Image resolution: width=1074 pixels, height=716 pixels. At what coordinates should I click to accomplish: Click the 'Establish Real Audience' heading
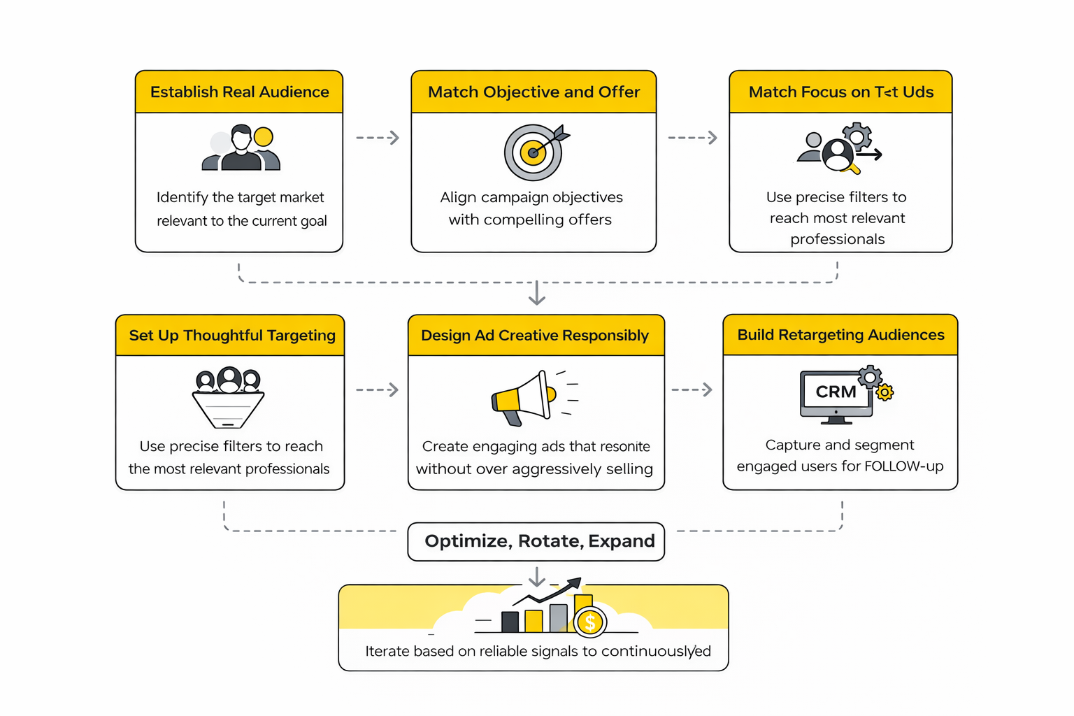tap(239, 92)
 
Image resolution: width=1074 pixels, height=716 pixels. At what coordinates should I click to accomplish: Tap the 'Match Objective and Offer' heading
tap(534, 92)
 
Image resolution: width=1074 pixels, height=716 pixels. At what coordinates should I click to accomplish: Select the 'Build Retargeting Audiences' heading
tap(840, 335)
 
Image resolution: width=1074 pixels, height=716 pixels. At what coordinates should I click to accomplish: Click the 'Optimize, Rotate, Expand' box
tap(536, 541)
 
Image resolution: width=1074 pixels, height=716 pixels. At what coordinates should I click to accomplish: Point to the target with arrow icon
tap(535, 152)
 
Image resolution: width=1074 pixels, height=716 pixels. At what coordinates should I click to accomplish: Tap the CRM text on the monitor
tap(836, 392)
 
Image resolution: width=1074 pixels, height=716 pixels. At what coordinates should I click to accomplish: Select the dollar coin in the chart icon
tap(590, 622)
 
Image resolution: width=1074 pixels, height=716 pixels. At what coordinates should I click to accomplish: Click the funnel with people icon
tap(228, 397)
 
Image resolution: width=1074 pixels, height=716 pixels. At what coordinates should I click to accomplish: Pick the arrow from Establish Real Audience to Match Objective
tap(378, 138)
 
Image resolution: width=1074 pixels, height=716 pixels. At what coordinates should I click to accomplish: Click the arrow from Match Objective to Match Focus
tap(692, 138)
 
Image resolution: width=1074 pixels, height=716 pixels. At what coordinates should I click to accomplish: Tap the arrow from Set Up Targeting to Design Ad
tap(378, 389)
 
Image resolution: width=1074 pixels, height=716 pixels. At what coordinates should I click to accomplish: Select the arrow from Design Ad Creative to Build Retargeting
tap(692, 389)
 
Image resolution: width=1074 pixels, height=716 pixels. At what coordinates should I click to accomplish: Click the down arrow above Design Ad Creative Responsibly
tap(536, 293)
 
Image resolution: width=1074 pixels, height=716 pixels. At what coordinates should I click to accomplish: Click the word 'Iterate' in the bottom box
tap(387, 652)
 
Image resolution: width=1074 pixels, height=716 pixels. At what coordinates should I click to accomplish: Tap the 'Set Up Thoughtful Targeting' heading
tap(232, 336)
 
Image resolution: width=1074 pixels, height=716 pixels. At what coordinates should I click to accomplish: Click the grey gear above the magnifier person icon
tap(857, 135)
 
